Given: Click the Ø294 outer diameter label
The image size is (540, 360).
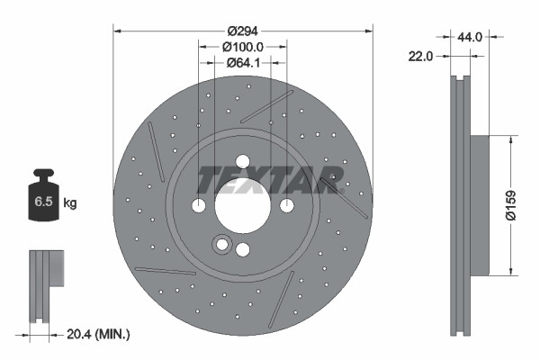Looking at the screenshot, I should pyautogui.click(x=241, y=30).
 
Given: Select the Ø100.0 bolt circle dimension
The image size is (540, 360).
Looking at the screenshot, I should pyautogui.click(x=241, y=45).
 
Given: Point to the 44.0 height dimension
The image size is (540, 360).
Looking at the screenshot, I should pyautogui.click(x=471, y=37).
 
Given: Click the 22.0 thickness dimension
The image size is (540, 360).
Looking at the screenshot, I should pyautogui.click(x=421, y=56).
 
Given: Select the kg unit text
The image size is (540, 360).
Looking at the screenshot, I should pyautogui.click(x=70, y=203).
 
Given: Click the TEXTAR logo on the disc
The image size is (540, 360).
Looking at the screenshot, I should pyautogui.click(x=268, y=179).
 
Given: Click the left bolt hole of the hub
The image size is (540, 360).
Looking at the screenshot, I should pyautogui.click(x=199, y=207).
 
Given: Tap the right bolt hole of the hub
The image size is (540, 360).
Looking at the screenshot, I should pyautogui.click(x=286, y=207).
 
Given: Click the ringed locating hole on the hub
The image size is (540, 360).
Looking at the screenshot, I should pyautogui.click(x=221, y=244).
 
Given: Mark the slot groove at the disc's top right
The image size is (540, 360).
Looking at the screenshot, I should pyautogui.click(x=268, y=105).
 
